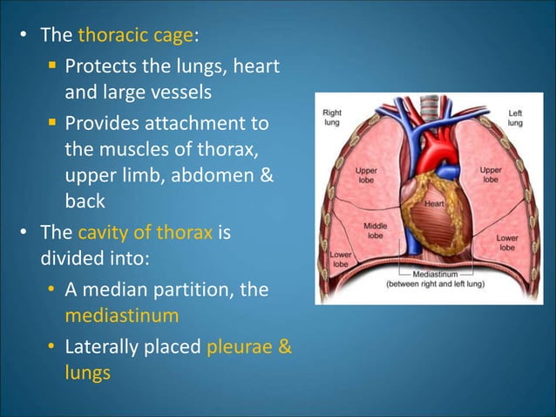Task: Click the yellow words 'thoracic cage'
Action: [135, 37]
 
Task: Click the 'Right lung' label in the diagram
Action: [333, 119]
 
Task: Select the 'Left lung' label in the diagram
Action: [515, 119]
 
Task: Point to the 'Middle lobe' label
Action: [375, 229]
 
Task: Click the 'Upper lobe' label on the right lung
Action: [367, 173]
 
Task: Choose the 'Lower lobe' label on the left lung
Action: [507, 242]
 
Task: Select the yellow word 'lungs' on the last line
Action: [87, 373]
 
